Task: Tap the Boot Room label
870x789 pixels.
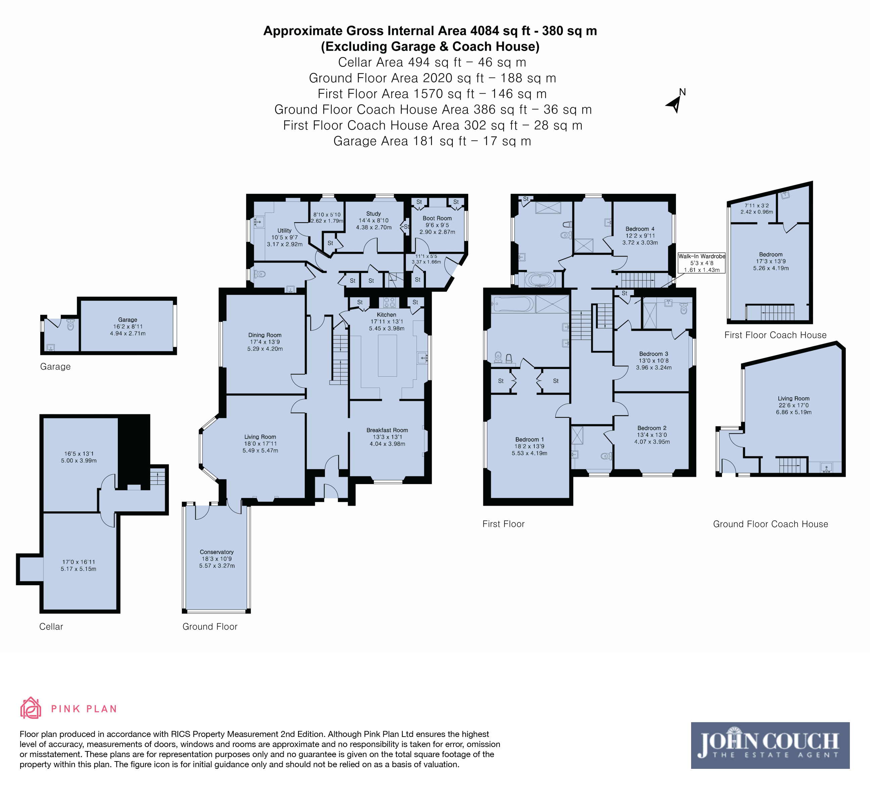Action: (x=437, y=218)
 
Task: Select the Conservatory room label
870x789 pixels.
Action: (x=216, y=552)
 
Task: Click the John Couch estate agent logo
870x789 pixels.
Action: (x=770, y=745)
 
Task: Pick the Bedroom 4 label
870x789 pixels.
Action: (x=640, y=229)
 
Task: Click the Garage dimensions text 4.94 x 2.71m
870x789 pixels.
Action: (x=128, y=334)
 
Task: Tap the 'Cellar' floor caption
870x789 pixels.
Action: (x=51, y=627)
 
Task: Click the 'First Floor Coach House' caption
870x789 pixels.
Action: (x=775, y=335)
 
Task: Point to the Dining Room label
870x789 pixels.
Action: (x=264, y=335)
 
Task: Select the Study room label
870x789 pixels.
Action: (x=373, y=214)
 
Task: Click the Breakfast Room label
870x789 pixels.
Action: (x=387, y=430)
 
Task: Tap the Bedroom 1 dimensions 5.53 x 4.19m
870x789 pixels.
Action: (x=530, y=453)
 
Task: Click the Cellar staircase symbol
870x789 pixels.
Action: (x=157, y=478)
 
